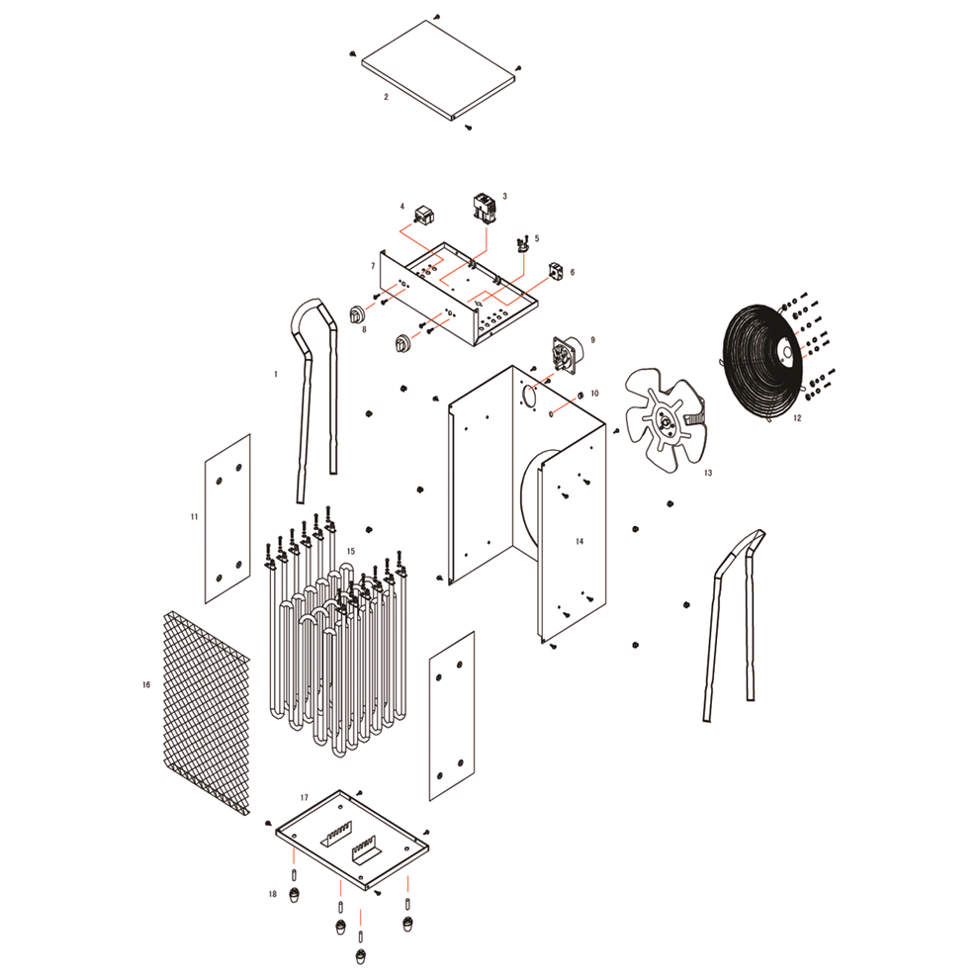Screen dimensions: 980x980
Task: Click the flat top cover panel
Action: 438,70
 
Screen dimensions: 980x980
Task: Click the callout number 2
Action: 386,97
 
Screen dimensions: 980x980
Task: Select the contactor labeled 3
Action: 485,207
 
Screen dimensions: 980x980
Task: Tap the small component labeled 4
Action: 424,216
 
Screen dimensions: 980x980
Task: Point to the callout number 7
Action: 373,266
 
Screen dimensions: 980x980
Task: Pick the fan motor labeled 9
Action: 565,354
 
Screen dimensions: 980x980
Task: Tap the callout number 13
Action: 707,473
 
